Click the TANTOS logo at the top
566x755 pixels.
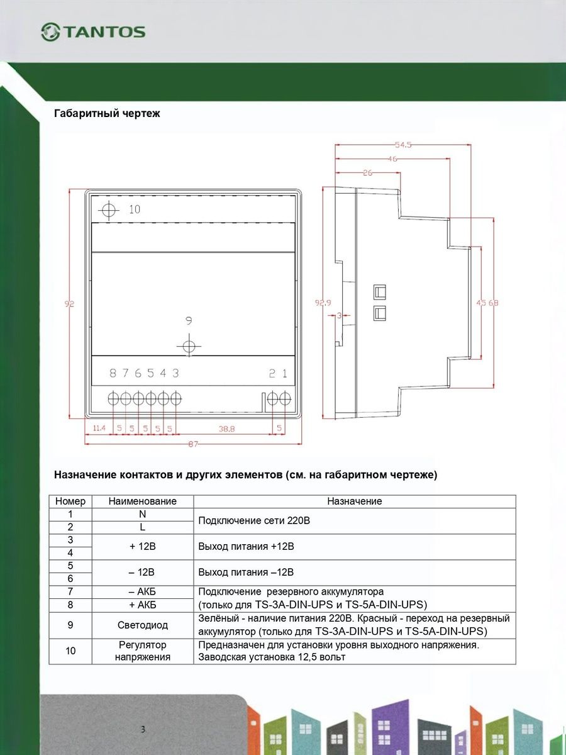tap(93, 31)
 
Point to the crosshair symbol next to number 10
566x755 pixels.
tap(109, 210)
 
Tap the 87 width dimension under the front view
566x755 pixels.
tap(192, 444)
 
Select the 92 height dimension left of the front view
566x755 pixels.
tap(70, 304)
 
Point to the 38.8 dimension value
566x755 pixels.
tap(226, 428)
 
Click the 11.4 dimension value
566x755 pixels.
tap(99, 428)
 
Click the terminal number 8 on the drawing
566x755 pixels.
tap(113, 373)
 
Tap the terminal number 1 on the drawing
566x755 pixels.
tap(284, 373)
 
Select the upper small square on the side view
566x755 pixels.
tap(379, 292)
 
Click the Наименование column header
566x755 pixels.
tap(143, 501)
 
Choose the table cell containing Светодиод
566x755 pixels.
tap(143, 625)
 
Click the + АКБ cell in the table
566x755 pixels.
tap(143, 605)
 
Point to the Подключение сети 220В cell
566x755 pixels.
tap(254, 521)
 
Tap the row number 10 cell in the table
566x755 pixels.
tap(70, 651)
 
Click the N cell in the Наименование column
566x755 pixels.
tap(143, 514)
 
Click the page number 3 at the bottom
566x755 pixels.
tap(143, 730)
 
